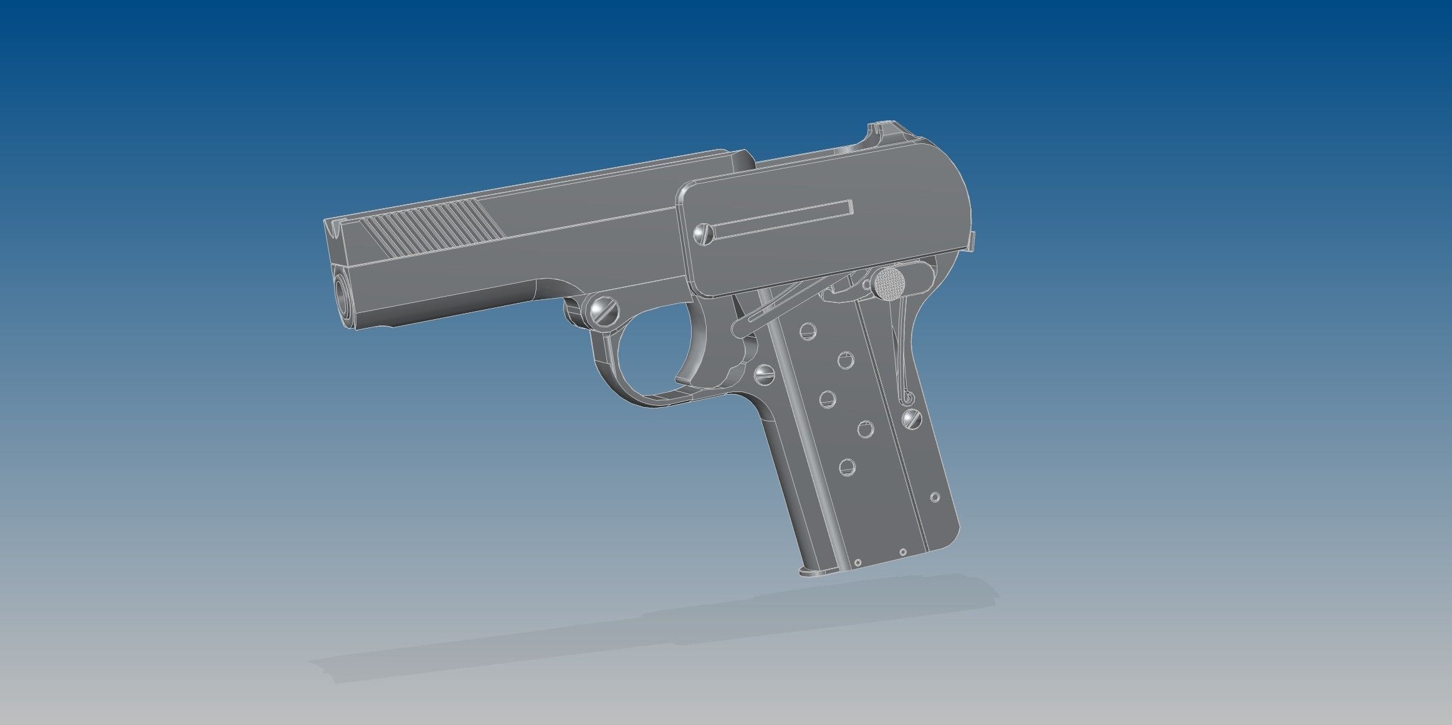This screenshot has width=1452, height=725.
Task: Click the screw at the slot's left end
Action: pyautogui.click(x=704, y=233)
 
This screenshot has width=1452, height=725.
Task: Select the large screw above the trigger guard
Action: pyautogui.click(x=603, y=310)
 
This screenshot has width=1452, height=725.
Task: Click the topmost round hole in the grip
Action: pyautogui.click(x=807, y=331)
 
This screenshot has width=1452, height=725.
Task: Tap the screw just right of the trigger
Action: pyautogui.click(x=764, y=373)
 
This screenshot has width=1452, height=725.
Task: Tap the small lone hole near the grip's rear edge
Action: pyautogui.click(x=935, y=497)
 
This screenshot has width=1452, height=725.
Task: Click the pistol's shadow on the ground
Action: pyautogui.click(x=654, y=630)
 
